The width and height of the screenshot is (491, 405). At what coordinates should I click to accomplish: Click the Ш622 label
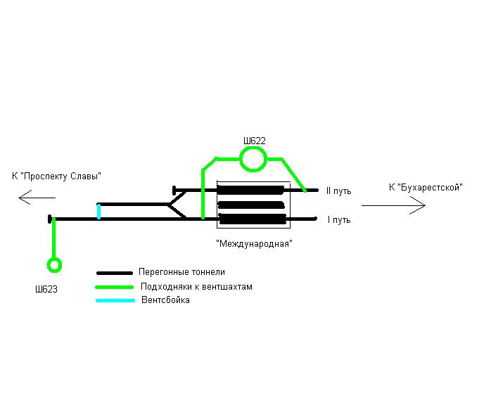(x=254, y=141)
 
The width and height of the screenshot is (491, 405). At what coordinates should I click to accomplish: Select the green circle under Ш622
(x=253, y=160)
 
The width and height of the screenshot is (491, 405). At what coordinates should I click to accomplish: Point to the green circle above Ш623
(x=53, y=265)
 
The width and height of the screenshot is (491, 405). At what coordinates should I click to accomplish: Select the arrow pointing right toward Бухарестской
(x=393, y=205)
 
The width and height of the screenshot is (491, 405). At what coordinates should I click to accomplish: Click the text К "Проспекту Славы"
(x=57, y=176)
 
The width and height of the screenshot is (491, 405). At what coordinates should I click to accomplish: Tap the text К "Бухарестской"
(x=424, y=187)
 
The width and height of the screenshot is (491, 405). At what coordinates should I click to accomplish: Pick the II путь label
(x=338, y=191)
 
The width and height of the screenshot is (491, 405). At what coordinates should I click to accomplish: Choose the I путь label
(x=338, y=220)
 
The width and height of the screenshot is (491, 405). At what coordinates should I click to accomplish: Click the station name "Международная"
(x=254, y=243)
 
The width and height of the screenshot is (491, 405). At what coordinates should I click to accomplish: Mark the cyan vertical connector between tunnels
(x=98, y=211)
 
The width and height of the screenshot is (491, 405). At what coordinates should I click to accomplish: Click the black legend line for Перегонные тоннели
(x=115, y=273)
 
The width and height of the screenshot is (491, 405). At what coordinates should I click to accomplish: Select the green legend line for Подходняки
(x=115, y=287)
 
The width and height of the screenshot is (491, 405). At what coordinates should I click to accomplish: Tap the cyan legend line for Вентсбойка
(x=115, y=300)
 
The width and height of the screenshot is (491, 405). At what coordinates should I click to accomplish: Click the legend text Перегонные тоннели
(x=182, y=272)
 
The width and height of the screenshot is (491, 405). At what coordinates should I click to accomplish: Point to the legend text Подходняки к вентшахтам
(x=196, y=287)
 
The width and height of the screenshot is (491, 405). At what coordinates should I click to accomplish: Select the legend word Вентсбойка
(x=165, y=300)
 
